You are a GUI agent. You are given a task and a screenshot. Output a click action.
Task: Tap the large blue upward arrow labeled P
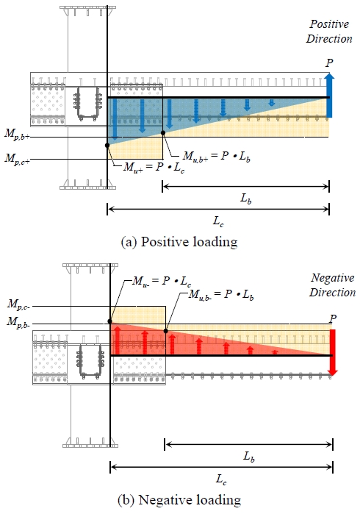[x=328, y=95]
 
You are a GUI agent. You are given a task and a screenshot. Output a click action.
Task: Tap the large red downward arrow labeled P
[x=332, y=352]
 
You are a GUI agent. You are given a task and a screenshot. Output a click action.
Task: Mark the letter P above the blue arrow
[x=328, y=64]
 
